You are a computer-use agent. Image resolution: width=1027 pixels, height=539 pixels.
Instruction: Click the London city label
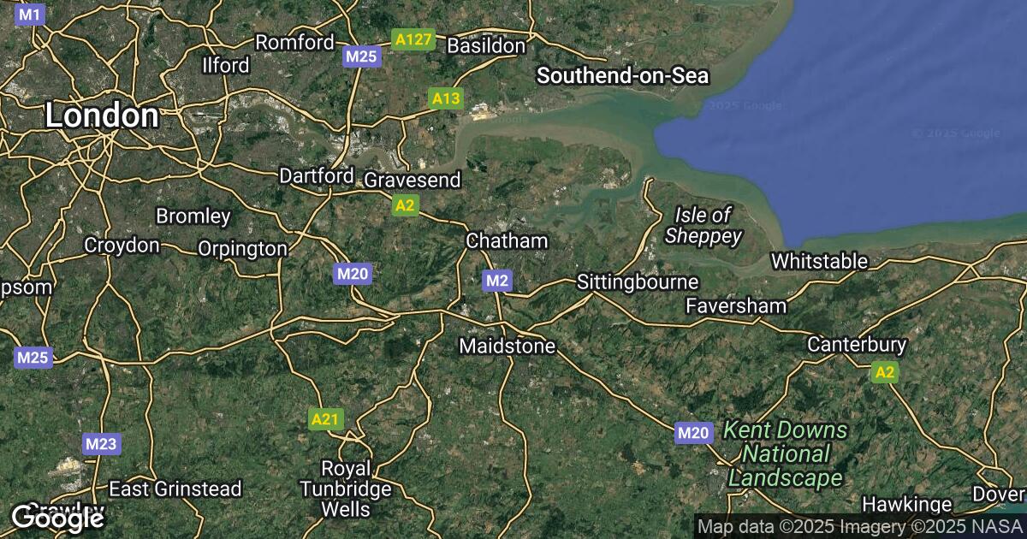click(101, 115)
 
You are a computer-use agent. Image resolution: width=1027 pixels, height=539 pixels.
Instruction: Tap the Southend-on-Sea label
click(622, 76)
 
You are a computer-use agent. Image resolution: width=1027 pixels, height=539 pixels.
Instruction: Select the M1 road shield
click(30, 15)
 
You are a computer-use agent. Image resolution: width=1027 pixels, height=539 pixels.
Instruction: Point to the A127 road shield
click(413, 39)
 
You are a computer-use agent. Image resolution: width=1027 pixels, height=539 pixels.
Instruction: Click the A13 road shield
click(446, 99)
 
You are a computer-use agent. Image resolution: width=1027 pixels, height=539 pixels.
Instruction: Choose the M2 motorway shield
click(497, 281)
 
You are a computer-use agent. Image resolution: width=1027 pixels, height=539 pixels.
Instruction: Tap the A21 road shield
click(325, 419)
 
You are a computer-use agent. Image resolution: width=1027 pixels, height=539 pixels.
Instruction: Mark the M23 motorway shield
click(101, 444)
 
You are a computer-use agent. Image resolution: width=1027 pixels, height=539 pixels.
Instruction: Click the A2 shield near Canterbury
click(885, 372)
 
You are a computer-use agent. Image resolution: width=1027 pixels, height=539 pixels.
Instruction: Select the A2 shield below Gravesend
click(405, 205)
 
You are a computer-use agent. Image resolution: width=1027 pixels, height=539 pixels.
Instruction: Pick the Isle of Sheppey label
click(703, 225)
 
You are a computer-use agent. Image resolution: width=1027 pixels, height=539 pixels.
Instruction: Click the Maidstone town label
click(508, 346)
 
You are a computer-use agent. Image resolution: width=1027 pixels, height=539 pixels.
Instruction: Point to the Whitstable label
click(819, 261)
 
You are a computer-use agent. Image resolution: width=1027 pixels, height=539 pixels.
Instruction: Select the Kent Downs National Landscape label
click(785, 453)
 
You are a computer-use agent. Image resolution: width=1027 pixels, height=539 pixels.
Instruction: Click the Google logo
click(57, 517)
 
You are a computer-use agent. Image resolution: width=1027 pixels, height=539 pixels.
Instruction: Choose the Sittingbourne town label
click(638, 281)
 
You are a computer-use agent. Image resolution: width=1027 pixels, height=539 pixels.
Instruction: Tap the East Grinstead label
click(175, 489)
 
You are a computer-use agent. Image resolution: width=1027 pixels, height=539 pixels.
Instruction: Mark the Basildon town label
click(486, 45)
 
